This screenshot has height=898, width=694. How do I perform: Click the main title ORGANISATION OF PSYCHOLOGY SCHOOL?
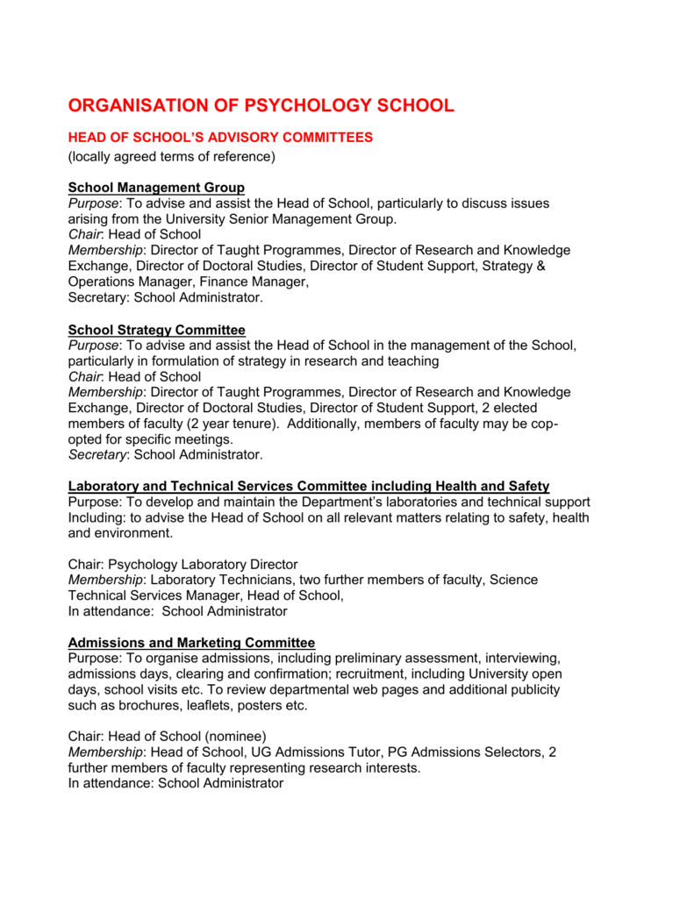click(x=261, y=106)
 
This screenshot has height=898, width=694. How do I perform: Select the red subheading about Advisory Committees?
click(x=220, y=138)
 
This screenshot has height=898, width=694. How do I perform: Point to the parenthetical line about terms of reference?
click(x=172, y=156)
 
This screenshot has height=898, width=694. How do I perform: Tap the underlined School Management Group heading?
click(x=156, y=187)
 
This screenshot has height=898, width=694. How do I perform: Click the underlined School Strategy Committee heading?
click(x=156, y=330)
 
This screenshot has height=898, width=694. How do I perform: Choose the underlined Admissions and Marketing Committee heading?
click(x=191, y=642)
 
